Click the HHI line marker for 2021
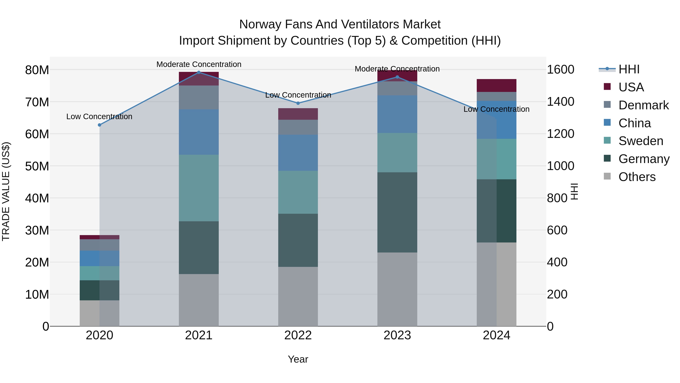coord(199,72)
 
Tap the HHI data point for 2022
coord(298,103)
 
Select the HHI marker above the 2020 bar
coord(100,125)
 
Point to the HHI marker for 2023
coord(397,77)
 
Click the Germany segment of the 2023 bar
coord(397,212)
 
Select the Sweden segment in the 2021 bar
coord(199,188)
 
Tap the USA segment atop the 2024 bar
coord(497,85)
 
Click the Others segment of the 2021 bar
coord(199,300)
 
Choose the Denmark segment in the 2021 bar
coord(199,97)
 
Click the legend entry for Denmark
coord(643,105)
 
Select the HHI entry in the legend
coord(629,69)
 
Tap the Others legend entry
coord(637,177)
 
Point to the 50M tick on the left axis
coord(37,166)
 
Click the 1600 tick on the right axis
coord(560,70)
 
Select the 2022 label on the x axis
coord(298,335)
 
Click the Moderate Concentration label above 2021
coord(199,64)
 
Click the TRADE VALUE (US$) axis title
coord(6,191)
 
